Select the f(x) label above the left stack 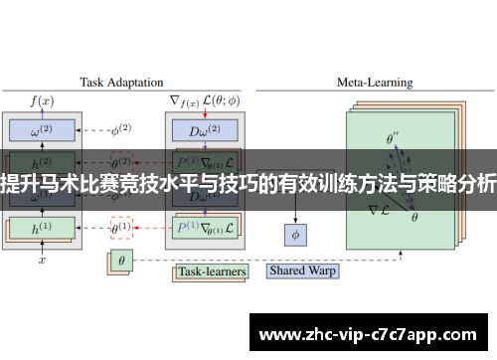43,100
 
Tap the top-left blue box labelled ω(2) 43,129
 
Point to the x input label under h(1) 42,261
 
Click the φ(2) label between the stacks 120,129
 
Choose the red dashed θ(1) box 121,228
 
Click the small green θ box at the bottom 120,263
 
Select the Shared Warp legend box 304,270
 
